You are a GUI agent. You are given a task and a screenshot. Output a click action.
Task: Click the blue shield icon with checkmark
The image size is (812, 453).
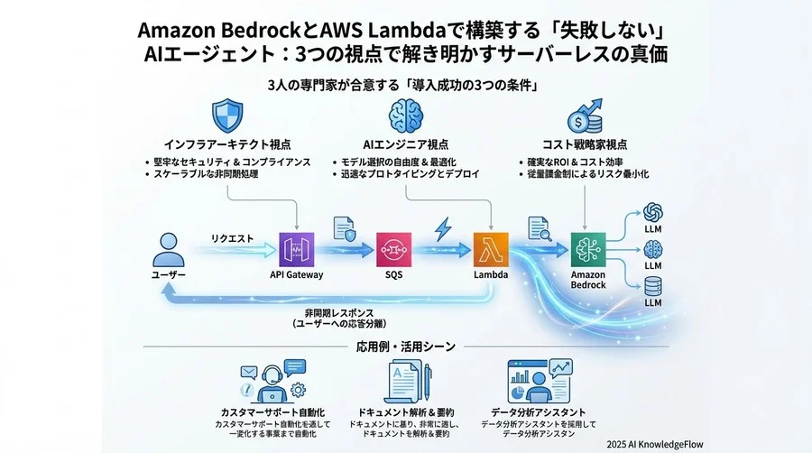(x=227, y=116)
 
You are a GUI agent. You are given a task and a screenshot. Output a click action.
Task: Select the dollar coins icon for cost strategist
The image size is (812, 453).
(x=585, y=116)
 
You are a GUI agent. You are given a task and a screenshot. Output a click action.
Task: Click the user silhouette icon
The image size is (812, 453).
(x=168, y=247)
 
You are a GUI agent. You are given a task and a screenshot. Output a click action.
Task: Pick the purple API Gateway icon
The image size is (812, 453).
(x=297, y=247)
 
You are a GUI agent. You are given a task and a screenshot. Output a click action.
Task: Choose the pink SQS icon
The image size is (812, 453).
(x=393, y=247)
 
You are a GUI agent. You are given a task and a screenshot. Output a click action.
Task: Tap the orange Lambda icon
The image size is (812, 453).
(x=491, y=247)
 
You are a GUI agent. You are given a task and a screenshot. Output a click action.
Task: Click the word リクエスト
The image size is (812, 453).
(x=232, y=238)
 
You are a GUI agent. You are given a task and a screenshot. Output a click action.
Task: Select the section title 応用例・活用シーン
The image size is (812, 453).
(x=406, y=346)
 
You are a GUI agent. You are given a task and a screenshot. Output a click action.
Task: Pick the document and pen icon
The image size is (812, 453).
(x=406, y=384)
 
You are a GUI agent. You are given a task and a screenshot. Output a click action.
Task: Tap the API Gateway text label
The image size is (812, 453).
(x=297, y=274)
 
